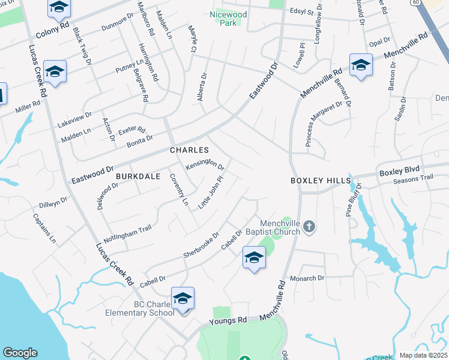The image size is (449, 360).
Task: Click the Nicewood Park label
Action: tap(228, 18)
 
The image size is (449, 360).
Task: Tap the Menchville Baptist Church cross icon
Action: tap(309, 226)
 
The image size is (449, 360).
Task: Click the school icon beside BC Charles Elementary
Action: tap(183, 298)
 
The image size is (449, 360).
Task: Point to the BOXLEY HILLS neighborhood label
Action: tap(319, 180)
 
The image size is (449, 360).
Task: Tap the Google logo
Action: tap(20, 353)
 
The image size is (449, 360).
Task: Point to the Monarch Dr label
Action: tap(307, 278)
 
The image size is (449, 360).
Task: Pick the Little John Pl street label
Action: tap(211, 193)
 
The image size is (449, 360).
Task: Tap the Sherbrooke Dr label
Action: tap(202, 247)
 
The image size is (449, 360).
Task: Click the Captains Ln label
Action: tap(44, 229)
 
